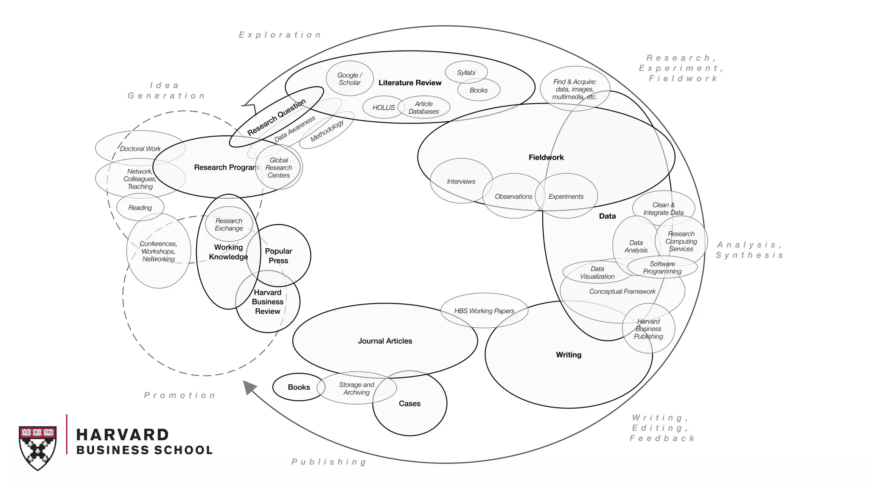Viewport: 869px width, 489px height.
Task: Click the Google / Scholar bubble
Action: [x=350, y=79]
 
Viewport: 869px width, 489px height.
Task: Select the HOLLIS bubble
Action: [x=384, y=107]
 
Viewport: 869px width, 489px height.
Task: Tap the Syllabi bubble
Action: [x=466, y=73]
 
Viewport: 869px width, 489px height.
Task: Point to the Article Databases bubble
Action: [x=423, y=107]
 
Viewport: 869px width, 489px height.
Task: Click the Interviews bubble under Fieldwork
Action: [x=461, y=181]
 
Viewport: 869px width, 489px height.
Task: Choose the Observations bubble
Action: [x=513, y=197]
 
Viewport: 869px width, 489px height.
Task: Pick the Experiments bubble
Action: [x=566, y=197]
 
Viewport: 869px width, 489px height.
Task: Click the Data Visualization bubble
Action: [x=597, y=273]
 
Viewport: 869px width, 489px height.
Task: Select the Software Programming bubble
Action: [x=662, y=267]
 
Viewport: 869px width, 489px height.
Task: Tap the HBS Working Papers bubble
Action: [x=484, y=311]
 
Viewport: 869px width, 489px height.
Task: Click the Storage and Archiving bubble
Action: [x=356, y=388]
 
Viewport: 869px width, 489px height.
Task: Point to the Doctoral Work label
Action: [x=140, y=149]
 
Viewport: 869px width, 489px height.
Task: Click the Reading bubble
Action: [x=140, y=208]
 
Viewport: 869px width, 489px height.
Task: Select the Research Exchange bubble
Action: [x=229, y=225]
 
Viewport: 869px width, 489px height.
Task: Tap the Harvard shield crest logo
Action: [x=37, y=447]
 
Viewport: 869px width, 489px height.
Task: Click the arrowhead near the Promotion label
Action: [x=249, y=387]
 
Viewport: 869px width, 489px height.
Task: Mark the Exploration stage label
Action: [x=280, y=35]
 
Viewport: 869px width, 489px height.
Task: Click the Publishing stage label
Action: [x=329, y=462]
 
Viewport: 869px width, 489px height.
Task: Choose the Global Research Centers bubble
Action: [x=279, y=168]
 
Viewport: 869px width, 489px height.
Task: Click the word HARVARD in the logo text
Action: [x=123, y=435]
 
